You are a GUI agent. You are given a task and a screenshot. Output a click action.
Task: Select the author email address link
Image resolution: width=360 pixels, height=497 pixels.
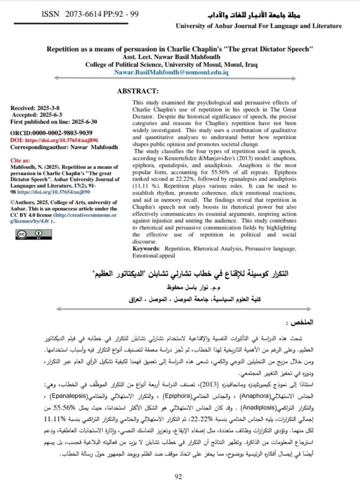(x=171, y=72)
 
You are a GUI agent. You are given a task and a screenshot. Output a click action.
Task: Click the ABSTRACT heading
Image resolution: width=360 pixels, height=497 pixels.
(x=138, y=91)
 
